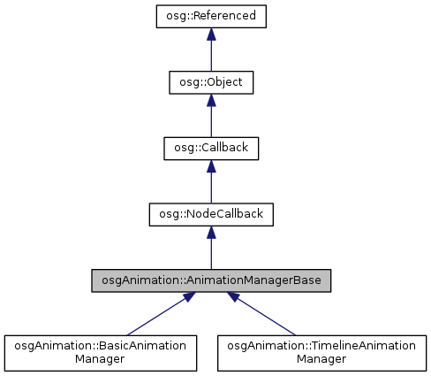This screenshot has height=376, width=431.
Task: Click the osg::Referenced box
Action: tap(211, 17)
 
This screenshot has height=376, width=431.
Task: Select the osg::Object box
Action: tap(211, 82)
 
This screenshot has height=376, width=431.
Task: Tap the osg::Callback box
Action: tap(211, 149)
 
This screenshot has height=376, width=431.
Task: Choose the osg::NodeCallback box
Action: tap(211, 215)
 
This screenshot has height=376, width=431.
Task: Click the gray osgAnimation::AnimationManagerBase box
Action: tap(211, 281)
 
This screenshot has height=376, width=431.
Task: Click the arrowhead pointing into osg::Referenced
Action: tap(211, 35)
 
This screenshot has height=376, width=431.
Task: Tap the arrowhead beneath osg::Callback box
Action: tap(211, 167)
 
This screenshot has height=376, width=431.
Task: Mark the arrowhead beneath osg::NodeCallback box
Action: tap(211, 234)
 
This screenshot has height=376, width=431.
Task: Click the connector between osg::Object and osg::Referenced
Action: tap(211, 55)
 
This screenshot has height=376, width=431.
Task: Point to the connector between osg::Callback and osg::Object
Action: tap(211, 121)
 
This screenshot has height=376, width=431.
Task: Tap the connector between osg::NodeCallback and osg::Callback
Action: tap(211, 188)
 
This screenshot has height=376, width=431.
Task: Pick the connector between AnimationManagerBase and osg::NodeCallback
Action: tap(211, 254)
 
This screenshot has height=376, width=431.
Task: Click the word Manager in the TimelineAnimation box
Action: tap(320, 361)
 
